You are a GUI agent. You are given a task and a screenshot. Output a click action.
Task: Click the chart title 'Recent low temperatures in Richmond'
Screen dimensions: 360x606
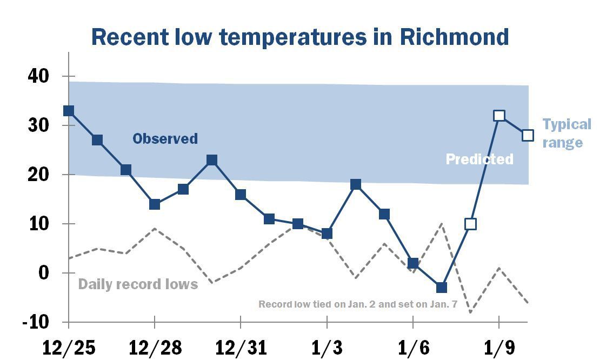[300, 37]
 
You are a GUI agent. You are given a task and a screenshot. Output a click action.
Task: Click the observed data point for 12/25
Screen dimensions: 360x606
[69, 111]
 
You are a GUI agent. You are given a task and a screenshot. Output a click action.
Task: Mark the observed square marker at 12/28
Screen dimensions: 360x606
[155, 204]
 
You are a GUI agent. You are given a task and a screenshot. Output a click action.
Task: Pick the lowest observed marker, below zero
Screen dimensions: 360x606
[442, 288]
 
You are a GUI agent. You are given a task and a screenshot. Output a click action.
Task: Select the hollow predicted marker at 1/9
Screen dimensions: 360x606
[499, 116]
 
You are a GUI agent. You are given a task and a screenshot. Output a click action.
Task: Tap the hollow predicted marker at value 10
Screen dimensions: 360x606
[470, 224]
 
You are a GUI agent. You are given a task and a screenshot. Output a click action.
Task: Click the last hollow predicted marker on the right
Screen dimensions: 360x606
[528, 135]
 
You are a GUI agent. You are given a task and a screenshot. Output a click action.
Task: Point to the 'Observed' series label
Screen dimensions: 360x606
[165, 139]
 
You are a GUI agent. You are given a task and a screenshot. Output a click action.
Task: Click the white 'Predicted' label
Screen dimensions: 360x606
[479, 159]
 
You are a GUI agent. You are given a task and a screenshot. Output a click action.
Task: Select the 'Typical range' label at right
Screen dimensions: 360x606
[567, 134]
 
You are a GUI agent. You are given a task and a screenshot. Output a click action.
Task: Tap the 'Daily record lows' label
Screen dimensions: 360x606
[138, 284]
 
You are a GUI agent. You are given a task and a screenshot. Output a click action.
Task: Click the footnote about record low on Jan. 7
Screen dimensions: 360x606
[358, 304]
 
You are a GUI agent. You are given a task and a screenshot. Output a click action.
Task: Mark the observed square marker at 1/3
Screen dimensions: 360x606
[327, 234]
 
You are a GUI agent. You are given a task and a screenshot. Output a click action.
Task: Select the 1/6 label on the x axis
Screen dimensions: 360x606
[413, 348]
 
